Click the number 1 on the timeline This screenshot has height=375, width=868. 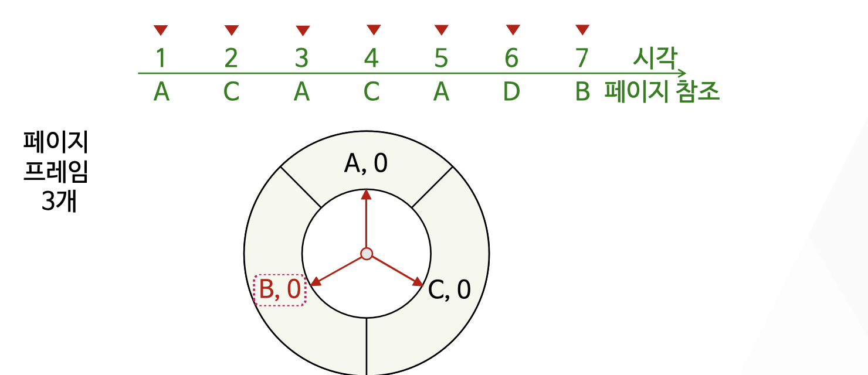tap(161, 59)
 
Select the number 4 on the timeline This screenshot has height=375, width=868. tap(371, 59)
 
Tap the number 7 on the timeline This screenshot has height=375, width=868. tap(581, 59)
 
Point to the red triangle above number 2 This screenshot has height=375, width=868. tap(232, 30)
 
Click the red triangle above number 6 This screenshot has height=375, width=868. tap(513, 29)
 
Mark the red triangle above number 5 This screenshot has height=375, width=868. tap(442, 29)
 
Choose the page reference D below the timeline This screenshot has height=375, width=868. tap(511, 92)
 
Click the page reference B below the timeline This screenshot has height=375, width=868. tap(582, 92)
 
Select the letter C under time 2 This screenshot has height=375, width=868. tap(231, 92)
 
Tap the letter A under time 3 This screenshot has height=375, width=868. tap(301, 92)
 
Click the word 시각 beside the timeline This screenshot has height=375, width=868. tap(655, 59)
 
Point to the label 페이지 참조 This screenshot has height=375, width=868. tap(662, 92)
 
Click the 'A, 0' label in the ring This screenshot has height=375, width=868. tap(366, 165)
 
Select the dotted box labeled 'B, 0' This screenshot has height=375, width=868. tap(280, 291)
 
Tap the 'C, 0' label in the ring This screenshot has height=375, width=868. tap(449, 289)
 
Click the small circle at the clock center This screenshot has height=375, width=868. tap(367, 254)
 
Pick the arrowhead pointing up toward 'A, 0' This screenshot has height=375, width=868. tap(367, 194)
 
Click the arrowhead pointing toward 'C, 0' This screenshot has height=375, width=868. tap(418, 282)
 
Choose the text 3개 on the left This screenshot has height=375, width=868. tap(59, 203)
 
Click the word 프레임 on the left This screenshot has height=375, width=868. tap(56, 173)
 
